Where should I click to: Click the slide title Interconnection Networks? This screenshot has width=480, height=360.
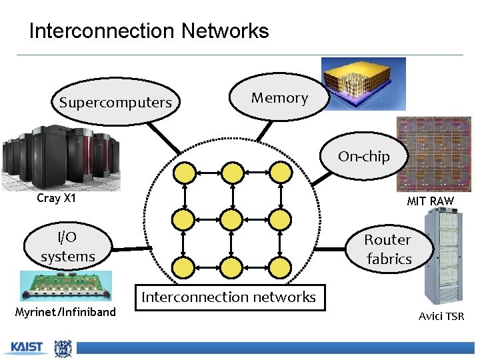[x=149, y=31]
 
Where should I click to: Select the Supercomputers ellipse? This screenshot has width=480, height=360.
[x=115, y=103]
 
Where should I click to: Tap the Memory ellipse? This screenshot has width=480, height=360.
[x=279, y=98]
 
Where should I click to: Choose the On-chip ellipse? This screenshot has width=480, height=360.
[x=363, y=157]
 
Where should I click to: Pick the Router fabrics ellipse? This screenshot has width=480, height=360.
[x=388, y=249]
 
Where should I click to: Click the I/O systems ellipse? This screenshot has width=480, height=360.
[x=67, y=247]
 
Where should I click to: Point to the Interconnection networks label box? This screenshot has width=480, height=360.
[x=229, y=297]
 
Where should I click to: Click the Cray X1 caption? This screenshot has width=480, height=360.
[x=57, y=198]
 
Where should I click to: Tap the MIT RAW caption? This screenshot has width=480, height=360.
[x=430, y=201]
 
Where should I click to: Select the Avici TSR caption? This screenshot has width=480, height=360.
[x=441, y=316]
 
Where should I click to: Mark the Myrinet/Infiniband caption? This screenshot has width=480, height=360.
[x=65, y=312]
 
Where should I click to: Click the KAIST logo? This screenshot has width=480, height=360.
[x=26, y=347]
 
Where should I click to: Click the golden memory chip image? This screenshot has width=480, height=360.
[x=363, y=83]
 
